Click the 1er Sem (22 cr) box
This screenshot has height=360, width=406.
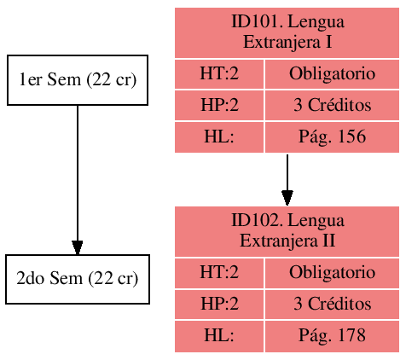[x=78, y=80]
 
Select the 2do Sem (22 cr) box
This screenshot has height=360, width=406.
[x=78, y=279]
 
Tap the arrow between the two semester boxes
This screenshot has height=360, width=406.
[x=78, y=171]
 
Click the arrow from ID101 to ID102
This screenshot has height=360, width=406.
[x=287, y=175]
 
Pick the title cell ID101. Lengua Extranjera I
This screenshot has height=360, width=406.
[x=287, y=32]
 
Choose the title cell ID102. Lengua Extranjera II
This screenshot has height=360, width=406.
[x=287, y=231]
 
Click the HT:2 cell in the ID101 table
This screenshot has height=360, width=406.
[x=219, y=74]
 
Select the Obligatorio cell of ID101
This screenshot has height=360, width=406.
[x=332, y=74]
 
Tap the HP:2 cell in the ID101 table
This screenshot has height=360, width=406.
[x=219, y=106]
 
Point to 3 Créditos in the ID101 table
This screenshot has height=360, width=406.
[x=332, y=106]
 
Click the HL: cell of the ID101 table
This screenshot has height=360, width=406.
[x=219, y=136]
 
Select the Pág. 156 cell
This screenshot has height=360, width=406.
[x=332, y=136]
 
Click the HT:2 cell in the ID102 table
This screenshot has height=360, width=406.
[x=219, y=274]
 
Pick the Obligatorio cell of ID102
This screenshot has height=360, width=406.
[x=332, y=274]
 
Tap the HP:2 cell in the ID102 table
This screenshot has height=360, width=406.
[x=219, y=305]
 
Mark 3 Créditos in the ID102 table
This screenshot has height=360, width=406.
[x=332, y=305]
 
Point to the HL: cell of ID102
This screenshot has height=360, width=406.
[x=219, y=336]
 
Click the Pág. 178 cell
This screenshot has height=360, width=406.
[x=332, y=336]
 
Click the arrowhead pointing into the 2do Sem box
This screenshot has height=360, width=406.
[x=78, y=247]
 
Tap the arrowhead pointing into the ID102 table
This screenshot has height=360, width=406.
[x=287, y=197]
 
